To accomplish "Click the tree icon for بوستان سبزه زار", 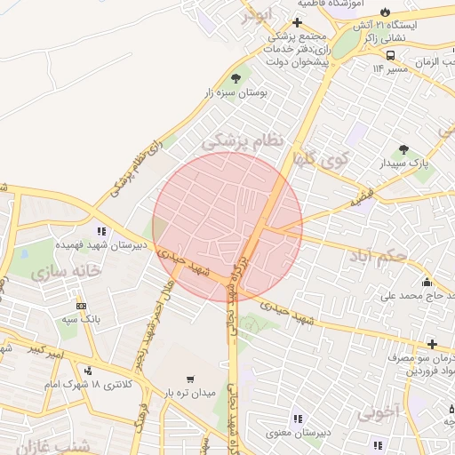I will point(235,78).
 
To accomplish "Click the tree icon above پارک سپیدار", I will point(404,150).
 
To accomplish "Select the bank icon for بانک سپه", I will point(82,307).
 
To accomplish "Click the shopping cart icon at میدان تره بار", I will point(190,379).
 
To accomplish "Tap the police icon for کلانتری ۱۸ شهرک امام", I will point(87,371).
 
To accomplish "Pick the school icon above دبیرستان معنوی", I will point(297,419).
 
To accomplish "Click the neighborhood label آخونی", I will point(381,412).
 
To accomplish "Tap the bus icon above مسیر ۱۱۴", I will point(391,54).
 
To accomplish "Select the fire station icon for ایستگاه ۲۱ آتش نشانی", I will point(384,12).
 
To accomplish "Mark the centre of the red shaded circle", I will point(227,227).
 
